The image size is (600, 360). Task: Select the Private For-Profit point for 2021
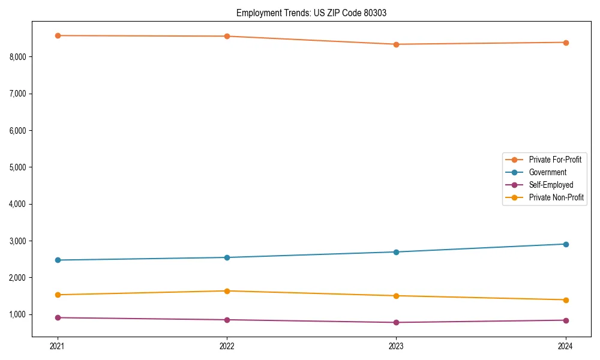[x=58, y=35]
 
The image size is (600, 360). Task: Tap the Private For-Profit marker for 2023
[x=396, y=44]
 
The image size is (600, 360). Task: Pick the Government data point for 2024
[x=566, y=244]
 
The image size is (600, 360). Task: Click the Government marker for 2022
[x=227, y=257]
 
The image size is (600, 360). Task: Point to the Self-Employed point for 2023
[x=396, y=322]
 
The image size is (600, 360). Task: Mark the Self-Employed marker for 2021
[x=58, y=317]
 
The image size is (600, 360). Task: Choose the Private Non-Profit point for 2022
[x=227, y=291]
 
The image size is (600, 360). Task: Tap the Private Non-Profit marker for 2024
[x=566, y=300]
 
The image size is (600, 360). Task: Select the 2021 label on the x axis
[x=58, y=346]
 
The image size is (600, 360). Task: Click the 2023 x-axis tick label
[x=396, y=346]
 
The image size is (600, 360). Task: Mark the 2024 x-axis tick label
[x=566, y=346]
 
